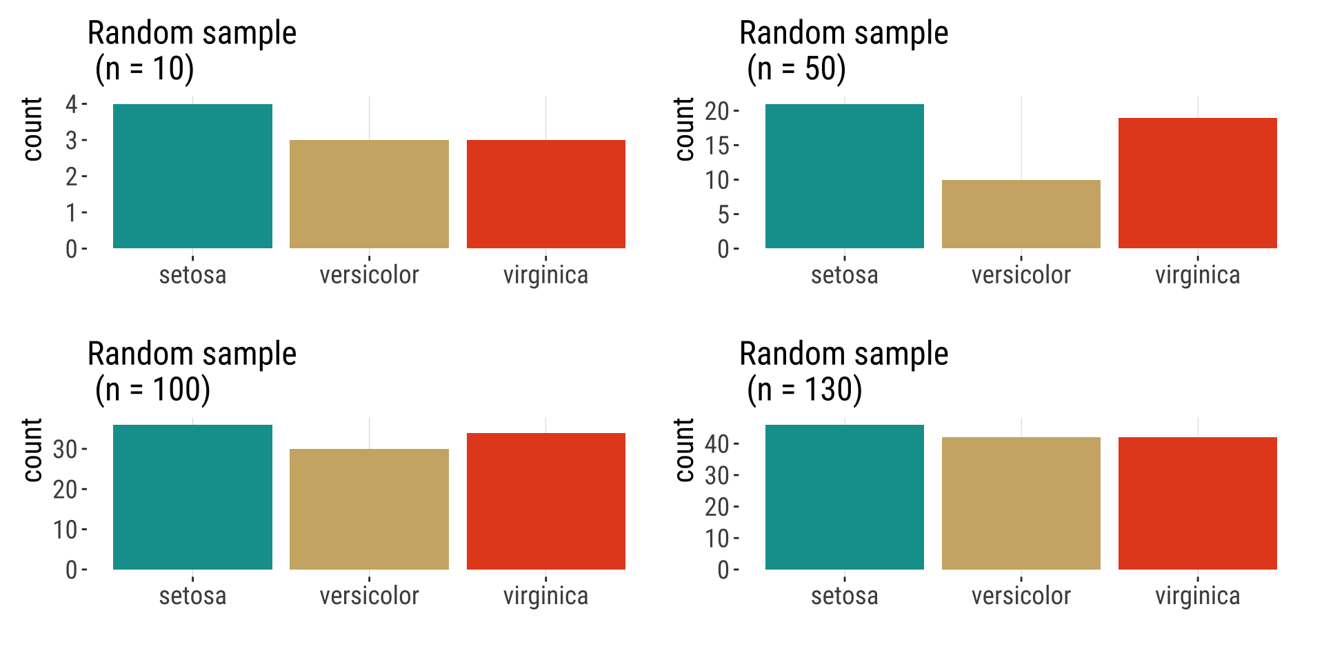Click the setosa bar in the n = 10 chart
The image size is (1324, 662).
192,176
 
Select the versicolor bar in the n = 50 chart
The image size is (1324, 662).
1021,214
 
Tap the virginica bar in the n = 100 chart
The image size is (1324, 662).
545,501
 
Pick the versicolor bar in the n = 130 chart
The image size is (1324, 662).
1021,503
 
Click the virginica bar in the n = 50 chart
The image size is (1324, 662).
1197,183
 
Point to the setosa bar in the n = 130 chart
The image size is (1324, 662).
844,496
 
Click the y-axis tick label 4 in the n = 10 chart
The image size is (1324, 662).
72,104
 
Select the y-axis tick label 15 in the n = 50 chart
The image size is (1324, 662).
716,146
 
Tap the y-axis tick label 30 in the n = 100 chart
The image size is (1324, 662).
66,450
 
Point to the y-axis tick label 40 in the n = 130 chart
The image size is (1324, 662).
716,444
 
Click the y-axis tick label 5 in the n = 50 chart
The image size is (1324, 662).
723,214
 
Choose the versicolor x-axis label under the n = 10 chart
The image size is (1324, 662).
369,275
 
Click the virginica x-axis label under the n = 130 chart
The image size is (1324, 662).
1197,596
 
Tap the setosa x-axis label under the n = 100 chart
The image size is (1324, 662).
192,596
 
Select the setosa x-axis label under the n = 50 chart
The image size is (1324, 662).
844,275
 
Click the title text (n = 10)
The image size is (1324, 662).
145,69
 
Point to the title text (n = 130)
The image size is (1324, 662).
805,390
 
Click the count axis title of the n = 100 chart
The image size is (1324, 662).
32,450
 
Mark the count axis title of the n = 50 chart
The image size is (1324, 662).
684,129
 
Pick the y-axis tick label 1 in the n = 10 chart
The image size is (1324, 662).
72,212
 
